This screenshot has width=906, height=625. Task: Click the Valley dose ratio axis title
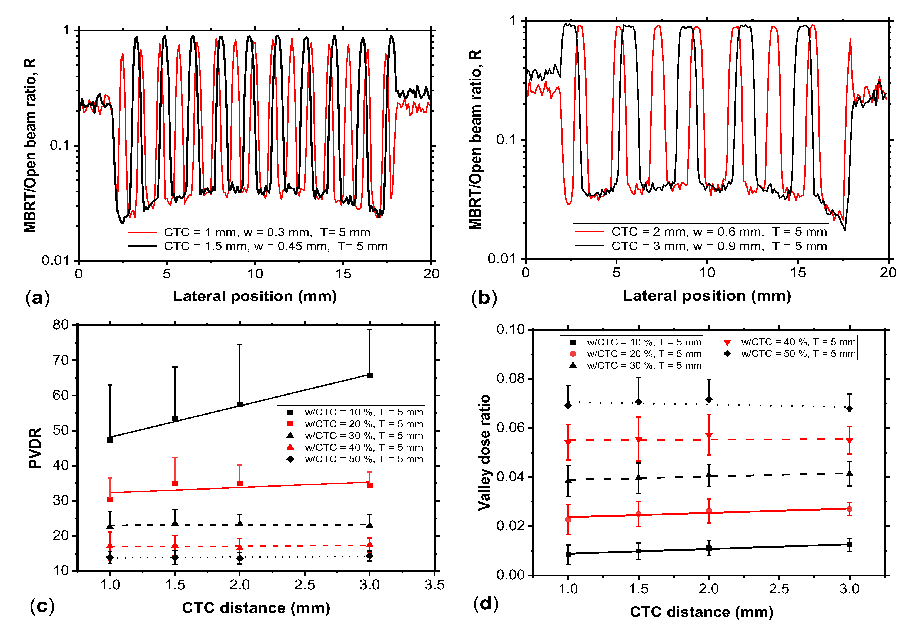(x=484, y=452)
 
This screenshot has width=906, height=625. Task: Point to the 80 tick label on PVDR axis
(x=61, y=325)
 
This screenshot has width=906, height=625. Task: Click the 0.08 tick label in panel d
(x=510, y=378)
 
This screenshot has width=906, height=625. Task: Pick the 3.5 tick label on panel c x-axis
(x=434, y=585)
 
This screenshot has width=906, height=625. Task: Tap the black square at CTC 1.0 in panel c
(x=110, y=440)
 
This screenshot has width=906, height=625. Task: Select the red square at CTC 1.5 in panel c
(x=175, y=483)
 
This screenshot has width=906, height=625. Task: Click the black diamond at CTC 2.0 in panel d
(x=709, y=399)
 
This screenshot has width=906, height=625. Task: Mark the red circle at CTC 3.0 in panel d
(x=850, y=509)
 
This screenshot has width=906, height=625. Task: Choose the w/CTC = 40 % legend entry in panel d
(x=798, y=342)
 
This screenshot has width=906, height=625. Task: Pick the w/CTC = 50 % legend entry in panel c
(x=363, y=459)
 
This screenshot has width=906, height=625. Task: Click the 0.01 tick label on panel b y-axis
(x=503, y=259)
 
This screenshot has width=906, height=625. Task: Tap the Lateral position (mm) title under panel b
(x=707, y=296)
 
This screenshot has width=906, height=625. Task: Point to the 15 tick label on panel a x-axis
(x=343, y=274)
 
